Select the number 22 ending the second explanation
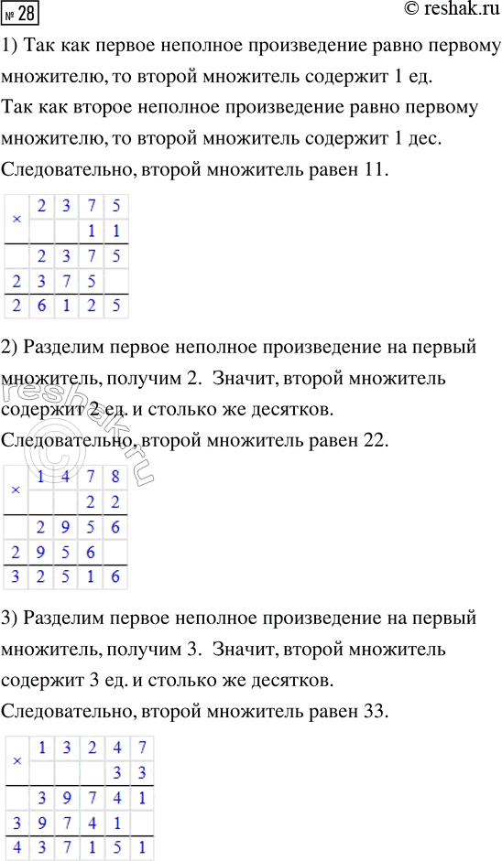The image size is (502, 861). coord(374,441)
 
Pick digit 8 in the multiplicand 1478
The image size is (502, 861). coord(115,476)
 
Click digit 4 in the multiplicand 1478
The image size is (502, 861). coord(66,476)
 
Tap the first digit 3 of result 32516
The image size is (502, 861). coord(16,577)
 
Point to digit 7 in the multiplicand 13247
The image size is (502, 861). coord(140,747)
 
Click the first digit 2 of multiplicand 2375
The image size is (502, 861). coord(41,206)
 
